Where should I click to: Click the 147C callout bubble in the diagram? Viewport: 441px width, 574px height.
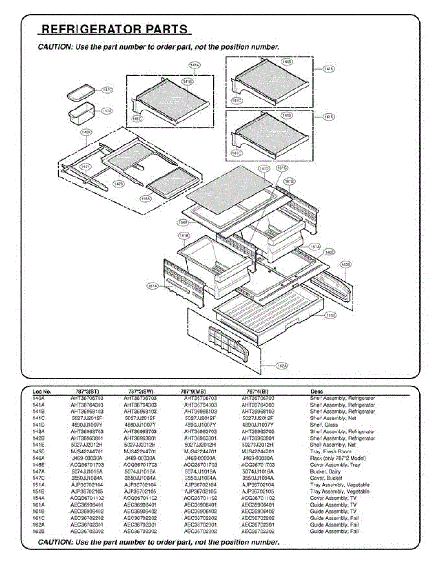coord(107,90)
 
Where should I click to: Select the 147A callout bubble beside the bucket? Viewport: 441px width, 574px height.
coord(107,111)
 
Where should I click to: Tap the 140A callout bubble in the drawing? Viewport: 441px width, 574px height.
coord(86,132)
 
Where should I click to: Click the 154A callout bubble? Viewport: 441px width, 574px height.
coord(183,222)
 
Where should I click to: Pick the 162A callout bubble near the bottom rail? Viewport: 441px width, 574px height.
coord(282,366)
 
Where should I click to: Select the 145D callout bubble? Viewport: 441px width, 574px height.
coord(331,315)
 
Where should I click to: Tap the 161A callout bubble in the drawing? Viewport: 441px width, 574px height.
coord(152,286)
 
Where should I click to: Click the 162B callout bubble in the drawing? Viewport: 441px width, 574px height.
coord(345,264)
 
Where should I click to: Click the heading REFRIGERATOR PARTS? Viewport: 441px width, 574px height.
coord(114,30)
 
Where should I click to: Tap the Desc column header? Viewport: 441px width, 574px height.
coord(316,392)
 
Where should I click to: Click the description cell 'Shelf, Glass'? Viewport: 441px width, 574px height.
coord(324,425)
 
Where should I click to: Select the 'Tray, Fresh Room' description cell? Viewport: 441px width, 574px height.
coord(331,452)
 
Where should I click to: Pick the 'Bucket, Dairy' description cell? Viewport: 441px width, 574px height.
coord(325,472)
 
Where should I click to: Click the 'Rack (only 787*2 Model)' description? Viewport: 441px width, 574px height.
coord(338,458)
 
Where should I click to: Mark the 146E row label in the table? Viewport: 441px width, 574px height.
coord(39,465)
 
